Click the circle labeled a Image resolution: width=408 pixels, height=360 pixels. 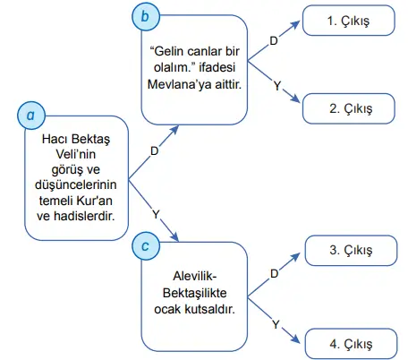30,115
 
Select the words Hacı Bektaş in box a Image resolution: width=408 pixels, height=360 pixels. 75,141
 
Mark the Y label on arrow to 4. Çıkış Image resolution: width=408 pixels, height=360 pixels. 276,321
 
